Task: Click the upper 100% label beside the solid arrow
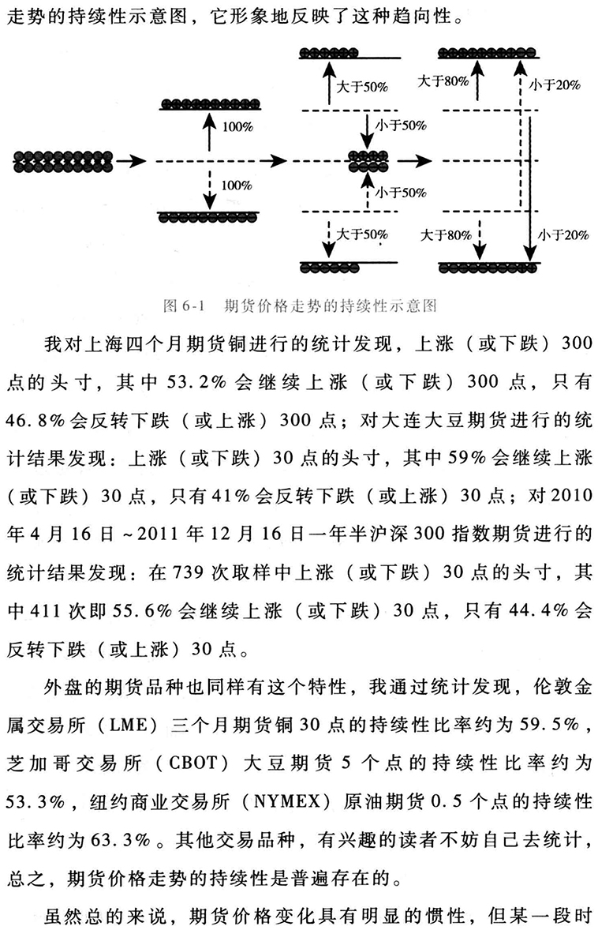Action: [x=237, y=126]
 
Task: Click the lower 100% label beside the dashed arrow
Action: [x=237, y=185]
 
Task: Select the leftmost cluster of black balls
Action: [x=63, y=160]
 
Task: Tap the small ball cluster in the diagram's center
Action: [x=368, y=161]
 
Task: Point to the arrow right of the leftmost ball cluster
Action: [x=132, y=160]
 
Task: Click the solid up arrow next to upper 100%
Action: [x=208, y=130]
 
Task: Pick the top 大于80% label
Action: [x=443, y=81]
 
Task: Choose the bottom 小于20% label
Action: [x=563, y=235]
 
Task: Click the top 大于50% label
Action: [x=361, y=87]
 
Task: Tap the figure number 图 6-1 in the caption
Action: [x=184, y=306]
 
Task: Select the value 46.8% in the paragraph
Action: [x=35, y=420]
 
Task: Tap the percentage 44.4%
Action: [x=537, y=610]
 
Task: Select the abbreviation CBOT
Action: [x=192, y=763]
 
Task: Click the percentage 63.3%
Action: [x=121, y=840]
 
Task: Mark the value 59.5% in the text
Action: [x=549, y=725]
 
